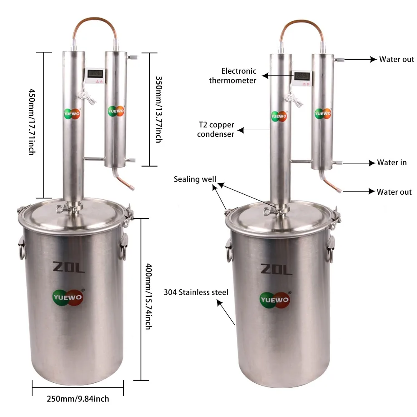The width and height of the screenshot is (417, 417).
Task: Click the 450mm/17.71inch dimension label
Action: click(32, 122)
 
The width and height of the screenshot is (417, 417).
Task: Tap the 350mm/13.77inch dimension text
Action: click(159, 110)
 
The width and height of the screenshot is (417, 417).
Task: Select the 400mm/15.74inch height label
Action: click(149, 296)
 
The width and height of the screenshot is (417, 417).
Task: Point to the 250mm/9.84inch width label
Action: click(78, 399)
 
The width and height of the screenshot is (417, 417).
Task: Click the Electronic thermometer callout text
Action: click(233, 76)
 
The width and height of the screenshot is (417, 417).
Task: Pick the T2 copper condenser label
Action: click(216, 130)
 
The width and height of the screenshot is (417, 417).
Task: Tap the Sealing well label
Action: click(195, 179)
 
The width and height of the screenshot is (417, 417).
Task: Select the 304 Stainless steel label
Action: click(196, 292)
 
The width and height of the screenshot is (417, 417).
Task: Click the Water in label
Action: click(392, 163)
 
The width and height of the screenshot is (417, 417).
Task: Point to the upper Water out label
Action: click(397, 59)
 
